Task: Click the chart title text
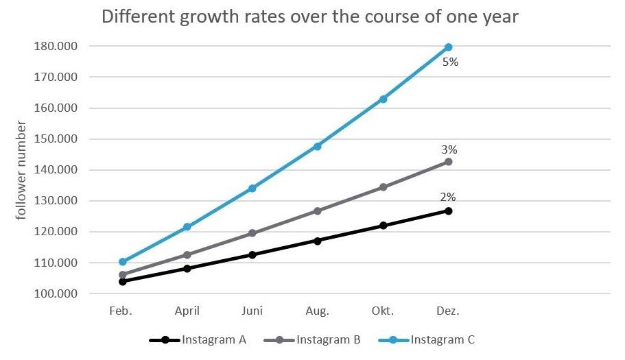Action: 309,16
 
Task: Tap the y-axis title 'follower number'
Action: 21,169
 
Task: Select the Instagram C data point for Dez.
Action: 448,47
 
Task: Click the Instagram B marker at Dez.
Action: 448,162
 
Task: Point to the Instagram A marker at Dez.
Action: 448,211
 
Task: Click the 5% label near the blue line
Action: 450,62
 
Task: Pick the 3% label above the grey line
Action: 449,149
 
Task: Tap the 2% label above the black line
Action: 448,197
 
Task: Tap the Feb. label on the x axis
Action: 121,311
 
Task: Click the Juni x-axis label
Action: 252,311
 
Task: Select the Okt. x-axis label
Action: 383,311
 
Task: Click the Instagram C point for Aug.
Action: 318,146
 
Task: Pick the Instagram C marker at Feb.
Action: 123,261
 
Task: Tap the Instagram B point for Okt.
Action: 383,187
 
